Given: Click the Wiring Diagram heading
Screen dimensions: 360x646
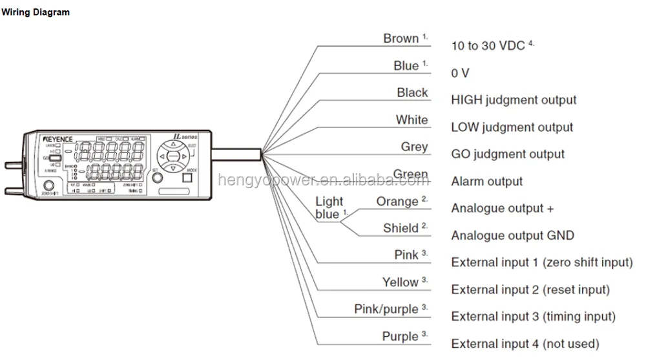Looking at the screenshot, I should (36, 12).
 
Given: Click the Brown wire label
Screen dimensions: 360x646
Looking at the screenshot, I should (401, 39).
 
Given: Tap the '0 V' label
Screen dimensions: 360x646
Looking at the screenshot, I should (460, 73).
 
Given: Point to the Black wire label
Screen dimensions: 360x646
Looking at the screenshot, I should (412, 92).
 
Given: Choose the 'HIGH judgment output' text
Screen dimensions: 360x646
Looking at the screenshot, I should (514, 100).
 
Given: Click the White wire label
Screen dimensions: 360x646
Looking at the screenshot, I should (412, 120).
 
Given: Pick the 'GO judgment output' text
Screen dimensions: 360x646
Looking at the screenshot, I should (508, 154).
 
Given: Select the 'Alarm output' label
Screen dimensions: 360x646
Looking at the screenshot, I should (486, 182).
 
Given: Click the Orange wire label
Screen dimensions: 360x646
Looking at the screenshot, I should (397, 201).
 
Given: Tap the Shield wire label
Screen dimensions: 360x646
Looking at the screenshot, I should (401, 228).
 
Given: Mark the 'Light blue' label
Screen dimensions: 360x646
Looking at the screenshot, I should (329, 208).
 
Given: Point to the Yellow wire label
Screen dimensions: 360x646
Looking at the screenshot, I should (400, 282).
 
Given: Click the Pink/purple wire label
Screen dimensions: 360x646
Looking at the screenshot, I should (386, 309).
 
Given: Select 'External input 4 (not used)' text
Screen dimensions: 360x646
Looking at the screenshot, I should (525, 344).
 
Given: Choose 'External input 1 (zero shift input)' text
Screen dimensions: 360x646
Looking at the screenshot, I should (541, 262).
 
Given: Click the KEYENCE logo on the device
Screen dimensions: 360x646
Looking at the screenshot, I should (58, 140).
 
